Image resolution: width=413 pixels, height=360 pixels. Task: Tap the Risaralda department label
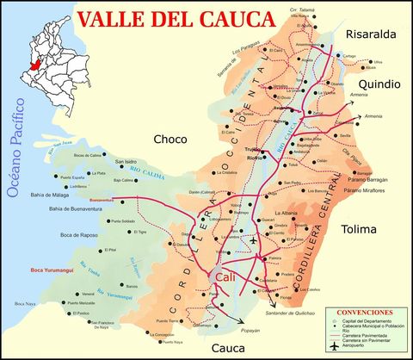coord(369,34)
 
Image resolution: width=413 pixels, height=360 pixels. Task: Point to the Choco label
coord(170,139)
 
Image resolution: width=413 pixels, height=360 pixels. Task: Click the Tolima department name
coord(365,230)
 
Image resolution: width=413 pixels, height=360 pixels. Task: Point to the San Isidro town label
coord(126,161)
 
